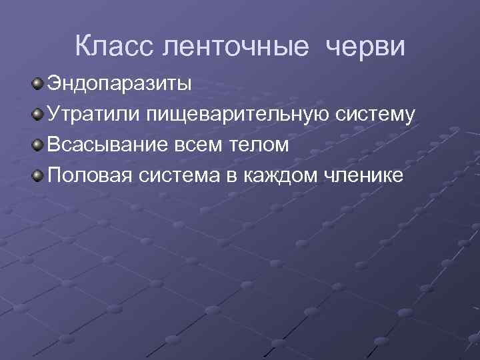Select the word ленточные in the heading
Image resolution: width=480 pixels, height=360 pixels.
(x=235, y=46)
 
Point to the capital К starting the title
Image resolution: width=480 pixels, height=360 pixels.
(x=83, y=46)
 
